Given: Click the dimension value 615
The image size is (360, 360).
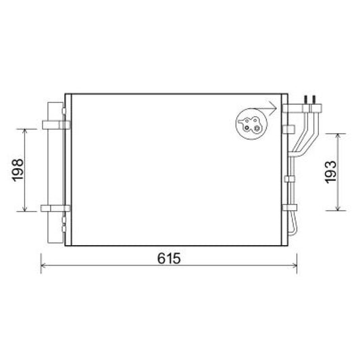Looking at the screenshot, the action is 169,258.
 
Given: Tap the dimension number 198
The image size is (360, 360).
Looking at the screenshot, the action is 18,170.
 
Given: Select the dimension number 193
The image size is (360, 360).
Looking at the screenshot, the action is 331,172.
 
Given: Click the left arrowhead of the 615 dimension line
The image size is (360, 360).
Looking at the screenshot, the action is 43,265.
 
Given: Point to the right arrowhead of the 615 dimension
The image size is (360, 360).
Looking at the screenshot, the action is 294,265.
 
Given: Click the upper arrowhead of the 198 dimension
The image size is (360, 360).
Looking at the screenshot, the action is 25,131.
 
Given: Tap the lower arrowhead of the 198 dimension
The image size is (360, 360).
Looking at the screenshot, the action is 25,209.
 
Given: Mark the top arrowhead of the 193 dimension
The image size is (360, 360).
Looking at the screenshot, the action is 338,136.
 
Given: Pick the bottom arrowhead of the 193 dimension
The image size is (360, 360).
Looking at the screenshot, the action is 338,208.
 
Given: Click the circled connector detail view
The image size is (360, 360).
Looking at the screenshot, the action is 252,124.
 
